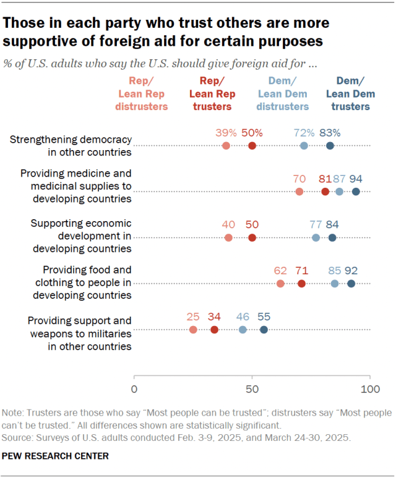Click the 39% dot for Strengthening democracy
[x=226, y=146]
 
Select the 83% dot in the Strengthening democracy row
[x=330, y=146]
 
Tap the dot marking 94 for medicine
[x=356, y=191]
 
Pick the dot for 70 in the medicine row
[x=299, y=191]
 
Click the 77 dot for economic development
[x=316, y=238]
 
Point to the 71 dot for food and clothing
[x=301, y=283]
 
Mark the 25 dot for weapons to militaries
[x=193, y=330]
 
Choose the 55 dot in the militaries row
[x=264, y=330]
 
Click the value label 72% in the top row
[x=304, y=132]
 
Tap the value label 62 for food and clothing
[x=280, y=270]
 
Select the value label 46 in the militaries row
[x=243, y=317]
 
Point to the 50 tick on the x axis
[x=252, y=390]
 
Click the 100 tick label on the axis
[x=369, y=390]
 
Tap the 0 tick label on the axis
[x=134, y=390]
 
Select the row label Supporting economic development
[x=81, y=236]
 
